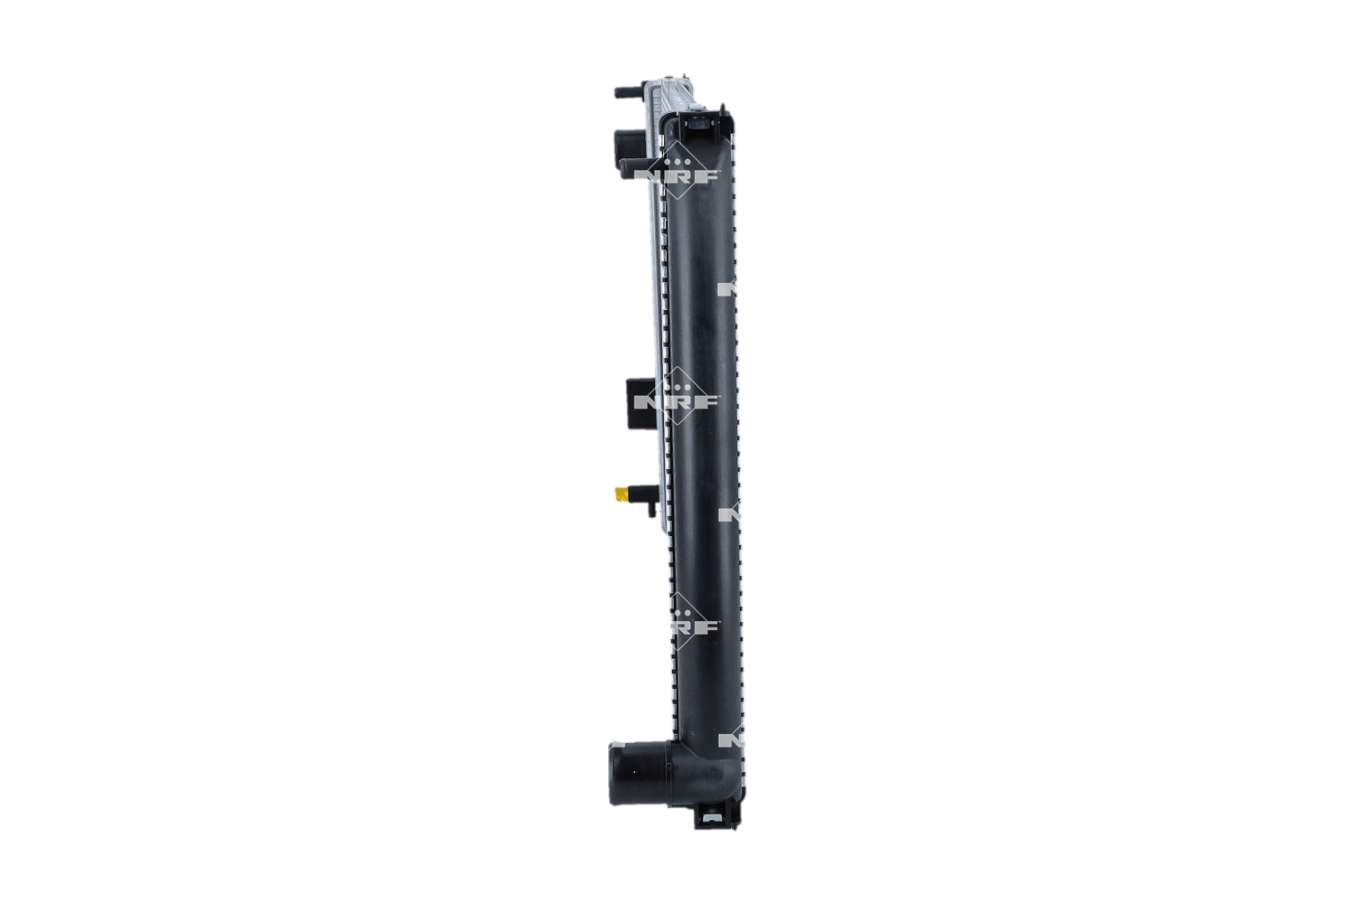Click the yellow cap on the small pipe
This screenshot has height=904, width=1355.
[x=620, y=494]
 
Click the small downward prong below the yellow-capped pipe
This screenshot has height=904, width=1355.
[x=650, y=514]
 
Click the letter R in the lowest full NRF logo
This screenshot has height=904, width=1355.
[x=692, y=626]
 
